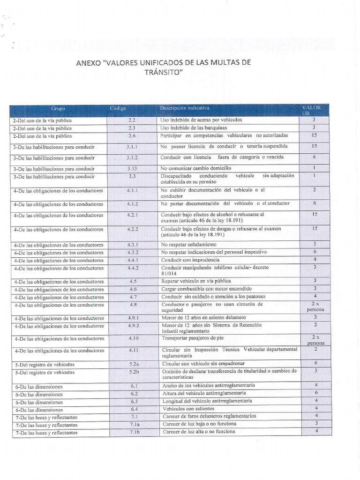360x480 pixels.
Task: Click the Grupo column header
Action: pos(59,109)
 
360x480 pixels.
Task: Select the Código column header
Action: pos(118,108)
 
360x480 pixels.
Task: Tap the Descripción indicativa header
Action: pos(185,108)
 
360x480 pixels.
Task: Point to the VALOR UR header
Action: pos(312,111)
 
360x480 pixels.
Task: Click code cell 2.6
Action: pos(132,135)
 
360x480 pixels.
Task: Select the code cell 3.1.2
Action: pos(132,157)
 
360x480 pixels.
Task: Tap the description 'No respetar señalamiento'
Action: pos(188,245)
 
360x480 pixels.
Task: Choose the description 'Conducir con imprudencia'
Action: pos(190,260)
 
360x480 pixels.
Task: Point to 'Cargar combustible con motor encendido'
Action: pos(206,289)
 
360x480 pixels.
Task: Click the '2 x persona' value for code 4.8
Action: pos(315,307)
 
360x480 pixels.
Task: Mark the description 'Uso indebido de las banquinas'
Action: pos(194,127)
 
